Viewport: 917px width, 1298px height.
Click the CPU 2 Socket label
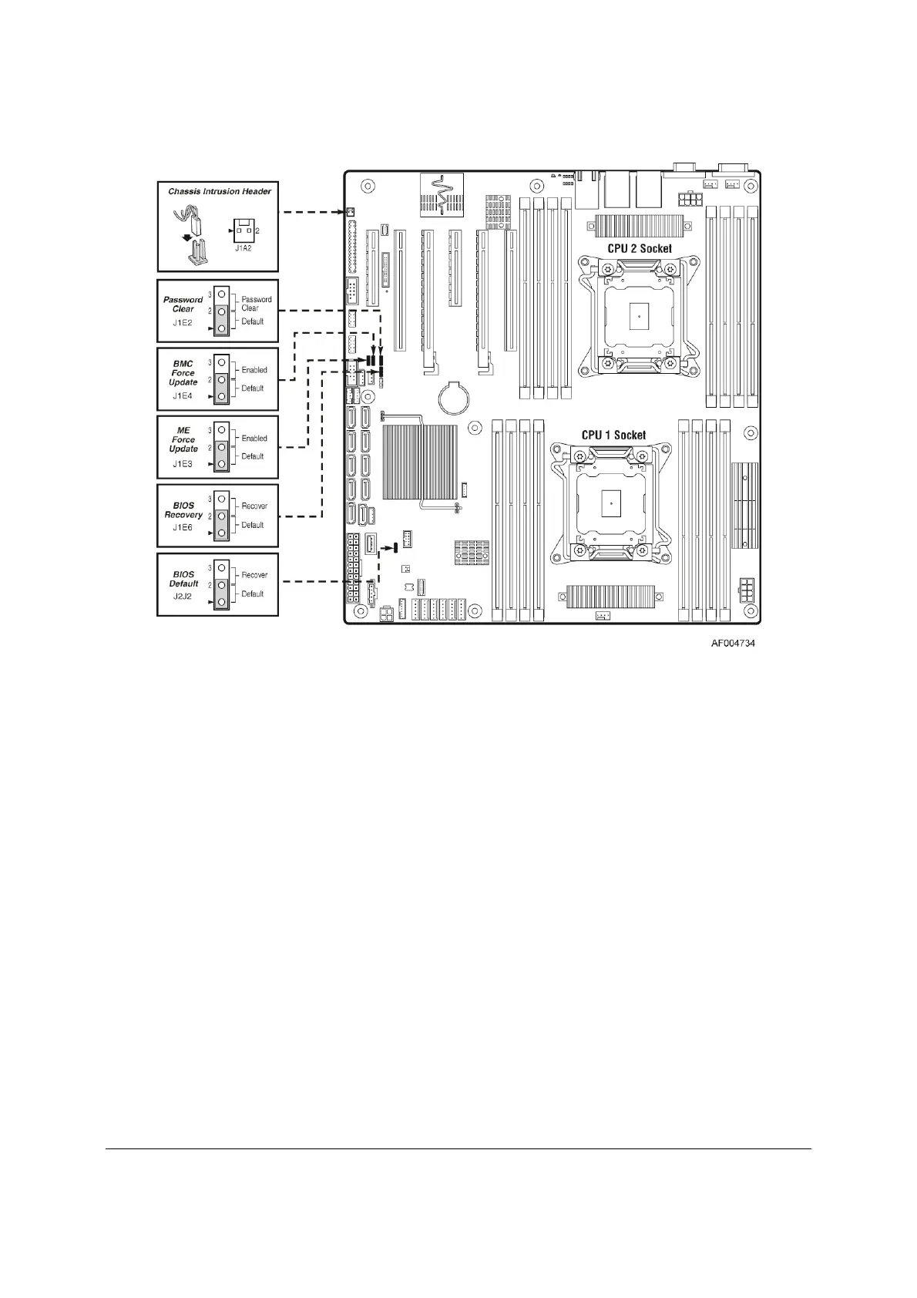pyautogui.click(x=639, y=248)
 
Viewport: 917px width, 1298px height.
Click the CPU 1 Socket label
pyautogui.click(x=613, y=435)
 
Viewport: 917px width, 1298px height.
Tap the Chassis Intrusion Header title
pyautogui.click(x=220, y=191)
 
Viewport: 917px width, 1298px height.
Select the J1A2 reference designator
pyautogui.click(x=244, y=248)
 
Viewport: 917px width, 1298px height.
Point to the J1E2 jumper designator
pyautogui.click(x=183, y=323)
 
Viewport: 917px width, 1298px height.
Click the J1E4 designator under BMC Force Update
pyautogui.click(x=183, y=396)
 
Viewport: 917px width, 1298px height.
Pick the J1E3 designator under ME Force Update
pyautogui.click(x=183, y=464)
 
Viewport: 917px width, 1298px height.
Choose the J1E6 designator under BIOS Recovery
pyautogui.click(x=183, y=528)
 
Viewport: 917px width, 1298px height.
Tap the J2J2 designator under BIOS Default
pyautogui.click(x=183, y=597)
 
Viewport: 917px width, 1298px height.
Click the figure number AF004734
pyautogui.click(x=732, y=642)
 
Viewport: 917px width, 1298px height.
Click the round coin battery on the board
pyautogui.click(x=452, y=398)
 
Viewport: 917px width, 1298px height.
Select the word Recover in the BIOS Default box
pyautogui.click(x=254, y=575)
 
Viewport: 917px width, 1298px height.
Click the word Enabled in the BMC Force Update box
pyautogui.click(x=254, y=370)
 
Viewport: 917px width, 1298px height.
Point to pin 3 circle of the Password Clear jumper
pyautogui.click(x=221, y=295)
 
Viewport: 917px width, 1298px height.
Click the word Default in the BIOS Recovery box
pyautogui.click(x=253, y=525)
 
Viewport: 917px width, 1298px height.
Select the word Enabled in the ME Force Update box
pyautogui.click(x=254, y=438)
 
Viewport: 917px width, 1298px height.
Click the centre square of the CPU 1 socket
pyautogui.click(x=610, y=503)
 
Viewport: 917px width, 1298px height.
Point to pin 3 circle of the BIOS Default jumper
pyautogui.click(x=221, y=567)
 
